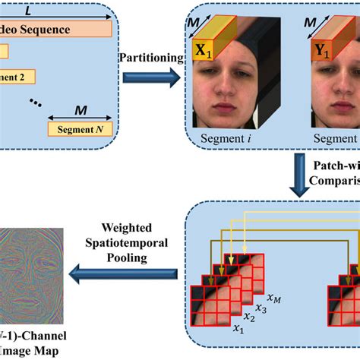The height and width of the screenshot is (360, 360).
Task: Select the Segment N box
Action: click(81, 129)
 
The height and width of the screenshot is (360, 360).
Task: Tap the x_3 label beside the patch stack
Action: click(262, 308)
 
